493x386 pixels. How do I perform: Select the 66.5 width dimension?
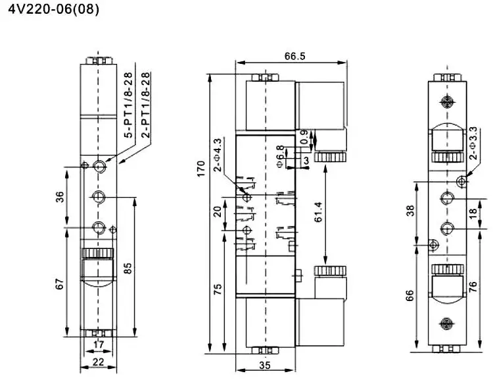[x=294, y=56]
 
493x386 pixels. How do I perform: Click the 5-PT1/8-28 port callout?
[x=129, y=105]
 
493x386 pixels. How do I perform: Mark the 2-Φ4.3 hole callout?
[x=217, y=154]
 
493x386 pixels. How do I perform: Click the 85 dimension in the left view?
[x=129, y=267]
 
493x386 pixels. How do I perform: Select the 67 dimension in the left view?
[x=60, y=284]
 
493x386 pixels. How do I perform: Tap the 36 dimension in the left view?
[x=60, y=198]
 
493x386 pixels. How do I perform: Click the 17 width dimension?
[x=97, y=344]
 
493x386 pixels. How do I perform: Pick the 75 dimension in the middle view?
[x=218, y=288]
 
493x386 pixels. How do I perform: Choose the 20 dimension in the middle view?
[x=217, y=211]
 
